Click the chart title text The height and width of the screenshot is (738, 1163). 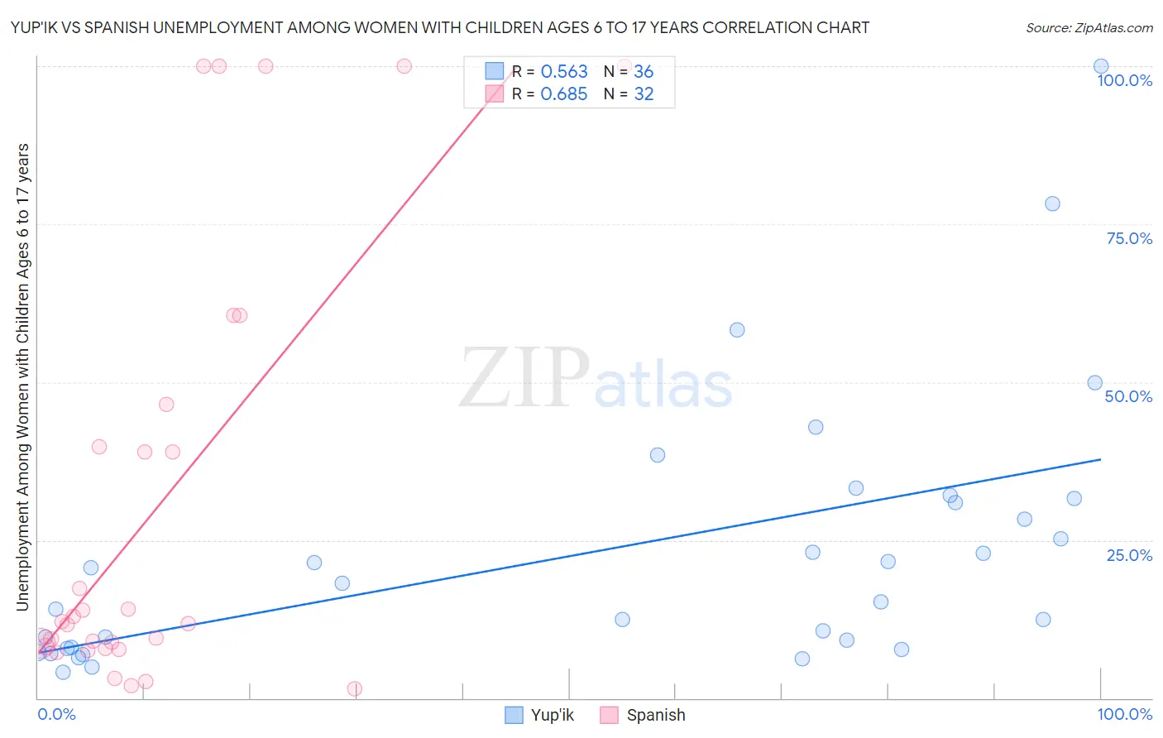(x=440, y=27)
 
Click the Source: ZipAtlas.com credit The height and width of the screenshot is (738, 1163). (x=1089, y=27)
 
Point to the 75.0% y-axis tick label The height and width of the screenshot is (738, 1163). (x=1128, y=238)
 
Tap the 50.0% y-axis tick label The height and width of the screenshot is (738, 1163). (x=1128, y=396)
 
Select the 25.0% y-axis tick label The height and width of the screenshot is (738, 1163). (x=1128, y=555)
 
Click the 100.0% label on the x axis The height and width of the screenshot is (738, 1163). (x=1124, y=714)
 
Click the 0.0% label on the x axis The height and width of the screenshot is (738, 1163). (x=56, y=714)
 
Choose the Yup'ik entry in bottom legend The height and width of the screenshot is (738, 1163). (x=539, y=715)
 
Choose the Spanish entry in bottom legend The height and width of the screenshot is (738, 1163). (x=643, y=715)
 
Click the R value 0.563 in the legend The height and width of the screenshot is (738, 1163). (x=564, y=72)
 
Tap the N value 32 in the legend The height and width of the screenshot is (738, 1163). (x=644, y=94)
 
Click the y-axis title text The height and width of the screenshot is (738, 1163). (x=22, y=376)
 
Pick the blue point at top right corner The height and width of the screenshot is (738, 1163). (x=1101, y=66)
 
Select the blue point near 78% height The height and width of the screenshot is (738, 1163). (x=1052, y=204)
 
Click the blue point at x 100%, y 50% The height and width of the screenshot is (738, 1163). (x=1094, y=382)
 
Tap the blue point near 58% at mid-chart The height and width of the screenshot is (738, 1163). (x=737, y=330)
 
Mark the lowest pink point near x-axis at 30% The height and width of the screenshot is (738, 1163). (x=354, y=689)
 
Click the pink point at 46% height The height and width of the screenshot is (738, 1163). (x=166, y=405)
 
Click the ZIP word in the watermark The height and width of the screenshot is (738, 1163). (x=524, y=379)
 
